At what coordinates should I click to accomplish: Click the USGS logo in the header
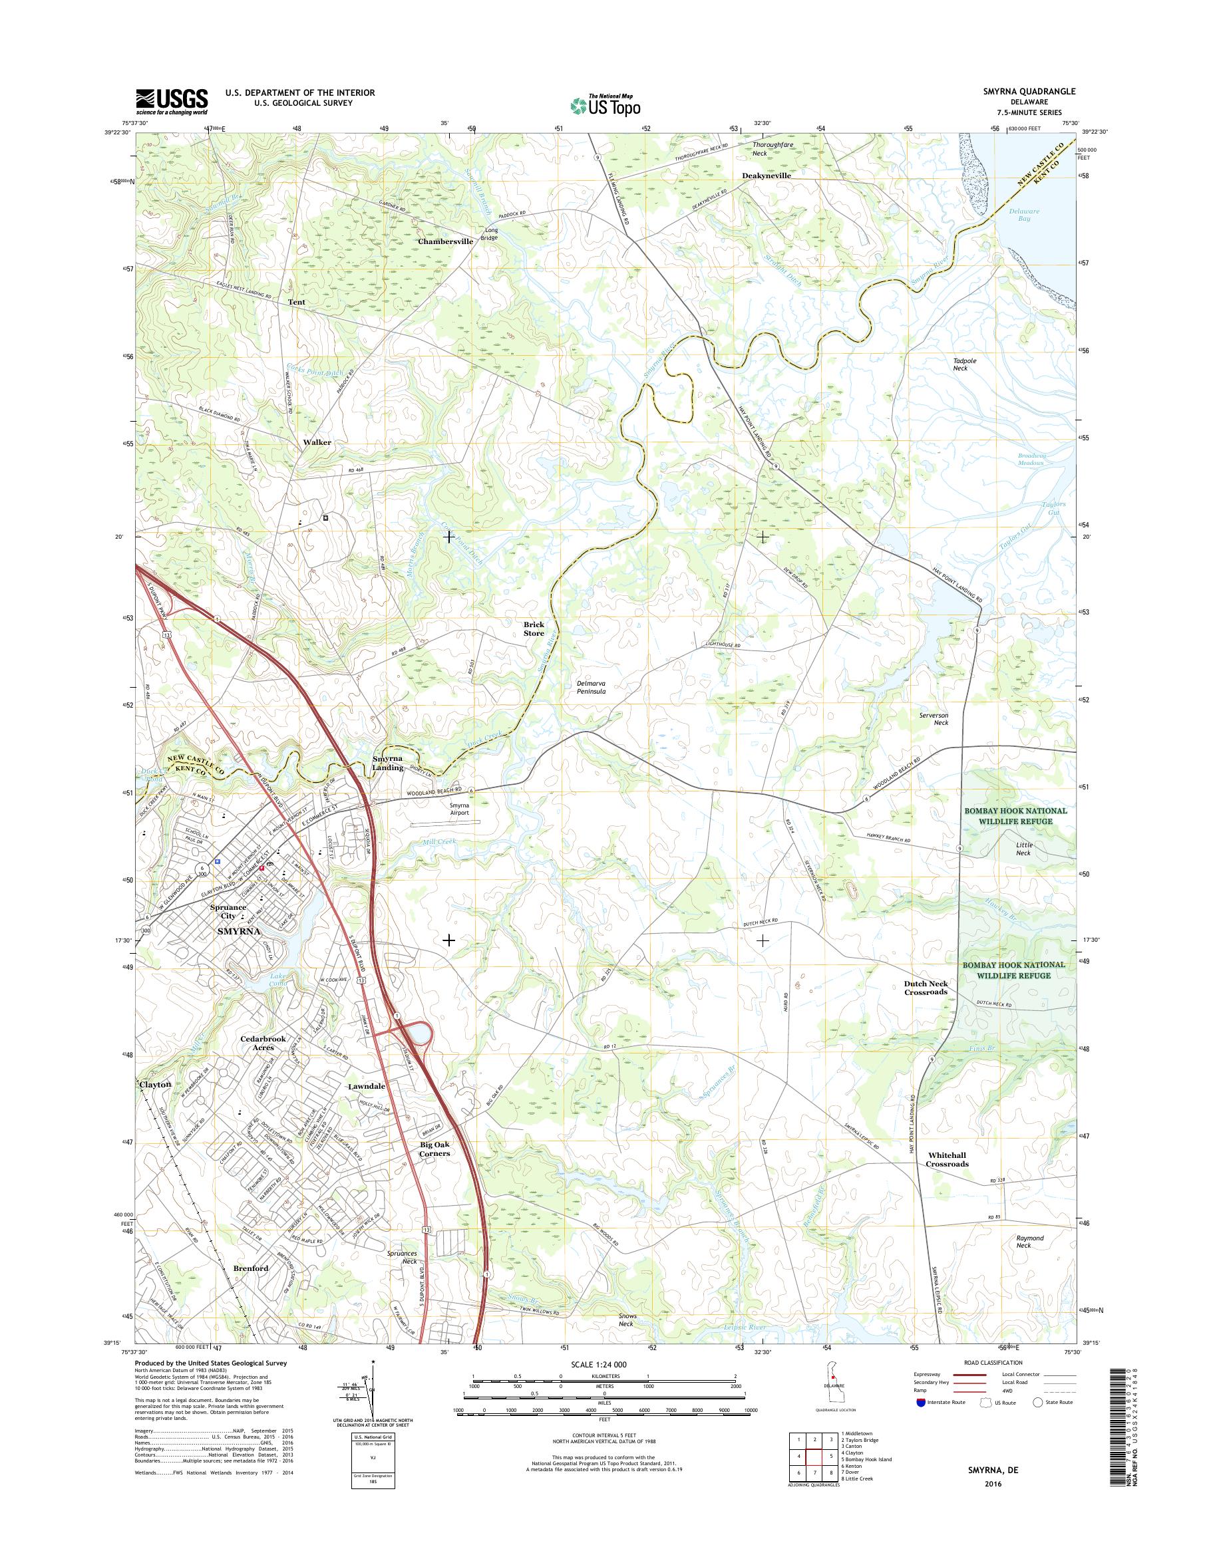[x=172, y=101]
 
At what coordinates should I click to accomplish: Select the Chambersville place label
[x=444, y=241]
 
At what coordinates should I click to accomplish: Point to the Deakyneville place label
[x=766, y=174]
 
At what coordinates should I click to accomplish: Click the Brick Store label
[x=534, y=629]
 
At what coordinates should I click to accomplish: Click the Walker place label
[x=317, y=442]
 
